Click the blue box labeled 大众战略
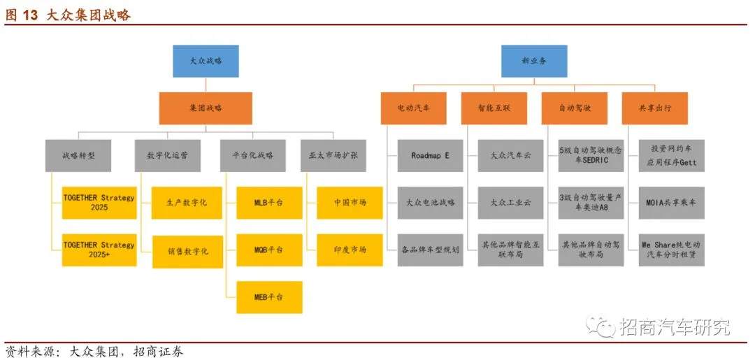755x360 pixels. pos(206,61)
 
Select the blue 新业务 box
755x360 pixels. pos(534,61)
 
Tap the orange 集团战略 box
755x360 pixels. pos(206,108)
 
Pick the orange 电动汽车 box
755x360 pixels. pos(413,108)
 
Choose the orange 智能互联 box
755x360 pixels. pos(494,108)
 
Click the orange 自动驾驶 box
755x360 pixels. pos(575,108)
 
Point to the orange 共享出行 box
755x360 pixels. pos(654,108)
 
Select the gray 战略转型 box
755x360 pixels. pos(78,155)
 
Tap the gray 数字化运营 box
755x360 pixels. pos(167,155)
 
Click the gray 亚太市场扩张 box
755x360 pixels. pos(333,155)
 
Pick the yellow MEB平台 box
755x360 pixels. pos(269,297)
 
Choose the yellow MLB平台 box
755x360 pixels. pos(269,203)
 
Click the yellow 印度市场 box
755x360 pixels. pos(350,250)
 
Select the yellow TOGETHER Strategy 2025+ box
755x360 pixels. pos(99,250)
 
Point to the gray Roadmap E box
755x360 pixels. pos(430,156)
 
